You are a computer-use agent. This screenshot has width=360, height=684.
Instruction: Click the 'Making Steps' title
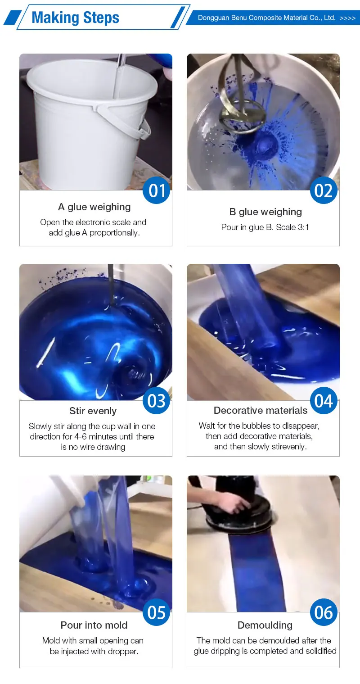point(75,18)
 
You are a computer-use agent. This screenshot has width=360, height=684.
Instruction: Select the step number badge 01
point(157,190)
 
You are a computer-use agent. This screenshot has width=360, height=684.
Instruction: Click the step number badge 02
point(324,190)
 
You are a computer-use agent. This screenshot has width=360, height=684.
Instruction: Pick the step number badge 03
point(157,400)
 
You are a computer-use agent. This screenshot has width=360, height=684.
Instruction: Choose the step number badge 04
point(324,400)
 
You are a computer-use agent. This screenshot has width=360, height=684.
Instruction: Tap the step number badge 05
point(157,612)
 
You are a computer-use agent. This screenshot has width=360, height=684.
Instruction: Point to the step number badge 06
point(324,612)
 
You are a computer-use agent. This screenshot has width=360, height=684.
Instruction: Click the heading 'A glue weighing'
point(94,207)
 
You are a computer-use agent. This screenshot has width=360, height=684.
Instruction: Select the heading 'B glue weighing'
point(265,212)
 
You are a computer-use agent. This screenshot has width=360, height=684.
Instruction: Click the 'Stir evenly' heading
point(93,411)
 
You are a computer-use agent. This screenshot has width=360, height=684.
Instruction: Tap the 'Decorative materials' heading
point(261,410)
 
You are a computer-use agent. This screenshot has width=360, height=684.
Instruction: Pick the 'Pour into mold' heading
point(94,625)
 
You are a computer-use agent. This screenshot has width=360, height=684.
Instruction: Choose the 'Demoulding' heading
point(265,625)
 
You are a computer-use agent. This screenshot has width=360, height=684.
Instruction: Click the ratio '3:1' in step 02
point(303,227)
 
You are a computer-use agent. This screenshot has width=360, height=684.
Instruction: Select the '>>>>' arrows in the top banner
point(347,18)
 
